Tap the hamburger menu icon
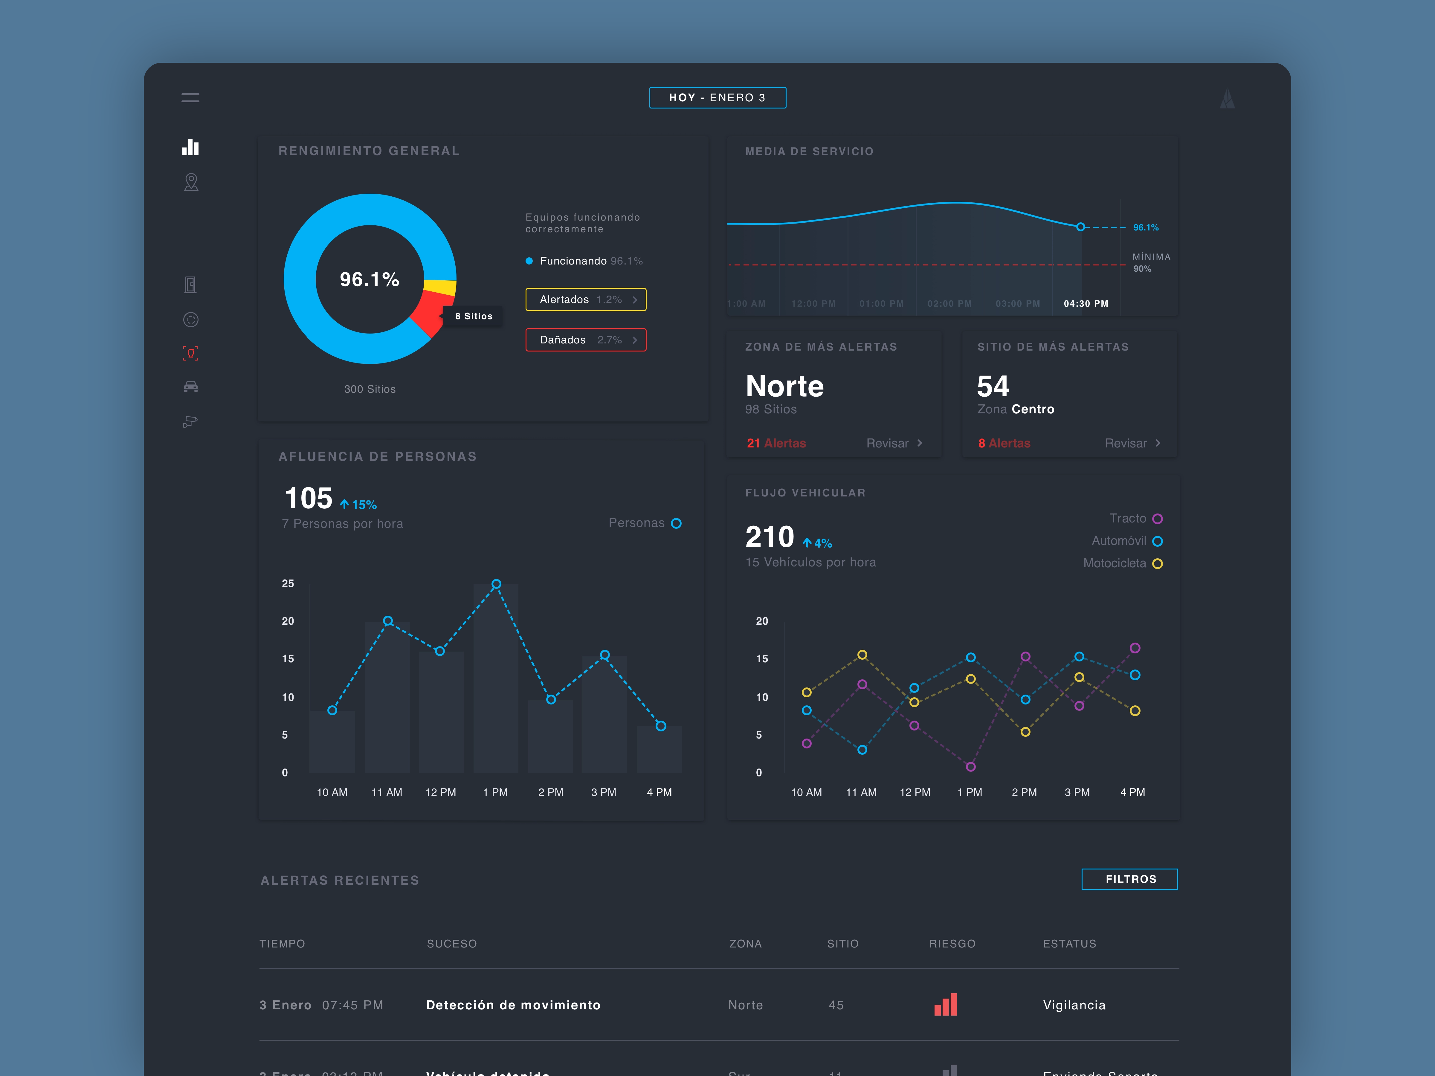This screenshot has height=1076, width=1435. tap(190, 98)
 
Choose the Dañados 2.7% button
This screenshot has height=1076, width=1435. tap(585, 340)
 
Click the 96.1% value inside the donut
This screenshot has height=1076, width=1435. tap(369, 279)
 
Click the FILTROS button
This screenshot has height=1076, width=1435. tap(1129, 879)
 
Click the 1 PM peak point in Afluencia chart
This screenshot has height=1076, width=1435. tap(496, 584)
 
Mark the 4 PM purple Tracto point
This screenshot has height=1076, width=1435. tap(1135, 648)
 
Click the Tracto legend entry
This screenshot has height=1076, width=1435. tap(1135, 518)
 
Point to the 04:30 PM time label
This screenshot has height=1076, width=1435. tap(1085, 304)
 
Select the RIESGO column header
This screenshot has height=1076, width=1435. tap(952, 944)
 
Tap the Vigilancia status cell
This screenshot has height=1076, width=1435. tap(1074, 1005)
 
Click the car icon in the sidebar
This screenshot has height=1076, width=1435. tap(191, 386)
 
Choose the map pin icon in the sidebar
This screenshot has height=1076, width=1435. tap(191, 182)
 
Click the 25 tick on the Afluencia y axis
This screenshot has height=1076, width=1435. tap(287, 583)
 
